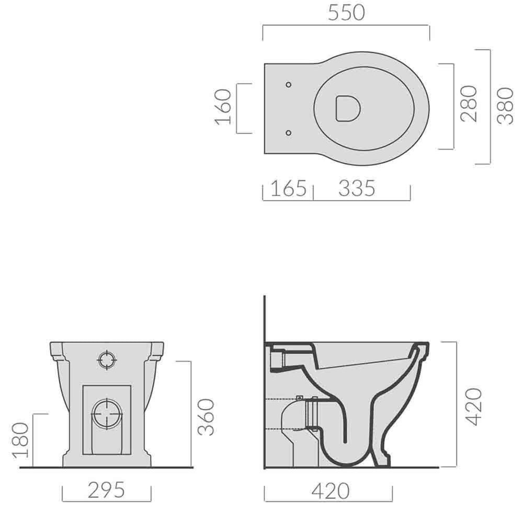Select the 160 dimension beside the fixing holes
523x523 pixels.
pos(223,107)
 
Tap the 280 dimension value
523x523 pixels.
pos(469,104)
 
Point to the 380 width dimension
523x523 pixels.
pos(505,106)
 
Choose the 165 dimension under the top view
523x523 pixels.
pos(288,188)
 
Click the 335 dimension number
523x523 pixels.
pos(357,188)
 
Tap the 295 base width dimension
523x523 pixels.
pos(106,490)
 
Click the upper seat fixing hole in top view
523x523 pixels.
pos(289,84)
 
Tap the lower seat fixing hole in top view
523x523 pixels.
pos(289,133)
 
